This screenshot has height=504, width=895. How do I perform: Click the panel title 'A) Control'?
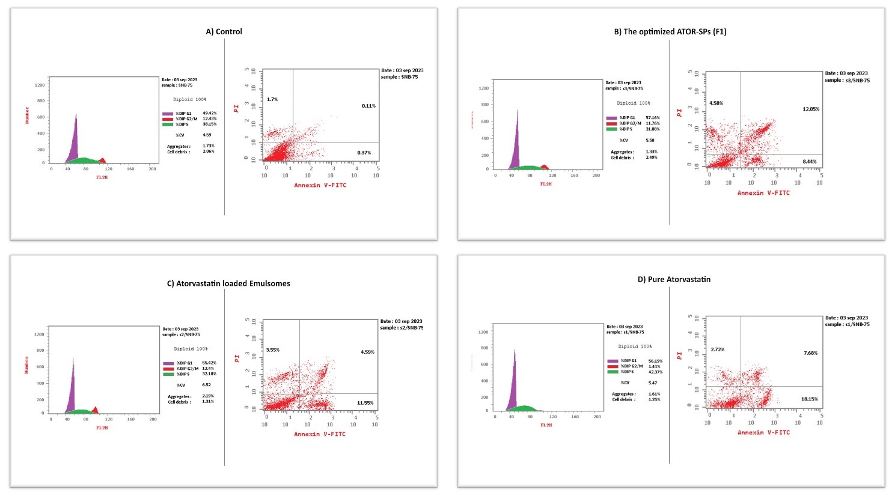tap(224, 31)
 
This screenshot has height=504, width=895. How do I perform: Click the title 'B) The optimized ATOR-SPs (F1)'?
tap(670, 31)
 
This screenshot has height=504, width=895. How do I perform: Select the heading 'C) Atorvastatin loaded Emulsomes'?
tap(228, 283)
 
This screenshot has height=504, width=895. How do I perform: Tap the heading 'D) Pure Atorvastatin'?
tap(674, 279)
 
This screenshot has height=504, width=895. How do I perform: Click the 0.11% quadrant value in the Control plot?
tap(368, 106)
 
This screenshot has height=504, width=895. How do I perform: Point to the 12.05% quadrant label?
tap(811, 109)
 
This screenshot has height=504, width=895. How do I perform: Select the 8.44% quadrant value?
tap(810, 161)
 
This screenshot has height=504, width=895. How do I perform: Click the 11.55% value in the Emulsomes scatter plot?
tap(365, 403)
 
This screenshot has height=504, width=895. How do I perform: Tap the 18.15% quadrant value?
tap(809, 399)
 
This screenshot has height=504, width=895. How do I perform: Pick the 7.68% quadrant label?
tap(810, 353)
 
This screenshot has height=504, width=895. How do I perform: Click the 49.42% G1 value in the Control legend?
tap(210, 113)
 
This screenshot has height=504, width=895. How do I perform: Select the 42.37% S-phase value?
tap(655, 372)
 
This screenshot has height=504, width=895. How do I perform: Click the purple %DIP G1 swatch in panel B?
tap(611, 118)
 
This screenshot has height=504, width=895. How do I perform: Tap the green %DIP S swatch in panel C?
tap(168, 374)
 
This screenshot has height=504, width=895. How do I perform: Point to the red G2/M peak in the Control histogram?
tap(102, 160)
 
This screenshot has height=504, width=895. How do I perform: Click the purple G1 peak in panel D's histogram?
tap(515, 385)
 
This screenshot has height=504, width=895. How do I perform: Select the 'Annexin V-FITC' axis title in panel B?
tap(763, 193)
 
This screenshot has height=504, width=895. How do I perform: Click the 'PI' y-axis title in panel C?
tap(237, 358)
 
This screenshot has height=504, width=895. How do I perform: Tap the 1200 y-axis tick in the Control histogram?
tap(40, 85)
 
